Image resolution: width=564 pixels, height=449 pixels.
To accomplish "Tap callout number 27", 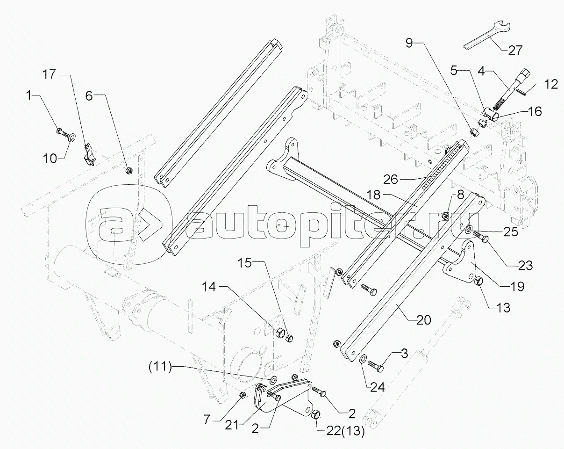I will pyautogui.click(x=515, y=51).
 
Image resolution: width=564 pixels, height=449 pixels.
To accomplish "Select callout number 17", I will pyautogui.click(x=50, y=73).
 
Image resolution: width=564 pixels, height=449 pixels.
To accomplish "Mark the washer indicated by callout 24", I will pyautogui.click(x=363, y=359).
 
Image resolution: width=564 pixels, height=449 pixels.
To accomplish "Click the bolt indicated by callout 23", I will pyautogui.click(x=480, y=236).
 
